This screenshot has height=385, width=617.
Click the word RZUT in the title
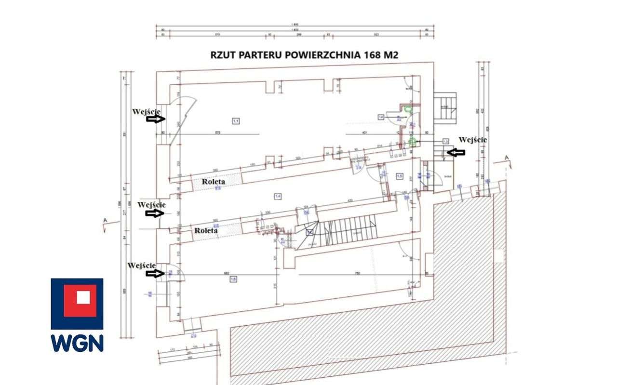coord(225,54)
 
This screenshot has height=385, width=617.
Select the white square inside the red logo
coord(83,297)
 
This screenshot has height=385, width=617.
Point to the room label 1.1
coord(236,120)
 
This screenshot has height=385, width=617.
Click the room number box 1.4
coord(278,196)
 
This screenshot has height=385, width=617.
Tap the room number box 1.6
coord(233,279)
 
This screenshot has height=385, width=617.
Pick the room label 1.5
coord(400,176)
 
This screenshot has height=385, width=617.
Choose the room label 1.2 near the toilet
coord(381,117)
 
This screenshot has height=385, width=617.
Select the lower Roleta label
coord(206,231)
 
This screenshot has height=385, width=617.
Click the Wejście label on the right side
coord(472,140)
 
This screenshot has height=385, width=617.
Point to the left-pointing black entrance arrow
coord(456,152)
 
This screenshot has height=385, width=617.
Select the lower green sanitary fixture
coord(412,141)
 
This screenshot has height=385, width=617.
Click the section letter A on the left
coord(105,221)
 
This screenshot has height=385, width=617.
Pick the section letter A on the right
coord(506,158)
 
